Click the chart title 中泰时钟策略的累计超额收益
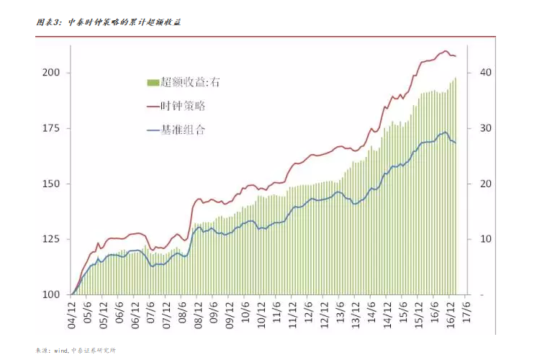tap(108, 23)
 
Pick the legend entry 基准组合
tap(182, 130)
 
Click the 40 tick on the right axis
tap(486, 73)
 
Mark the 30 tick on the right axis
tap(486, 128)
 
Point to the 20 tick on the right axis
tap(486, 184)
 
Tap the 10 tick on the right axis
tap(486, 239)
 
